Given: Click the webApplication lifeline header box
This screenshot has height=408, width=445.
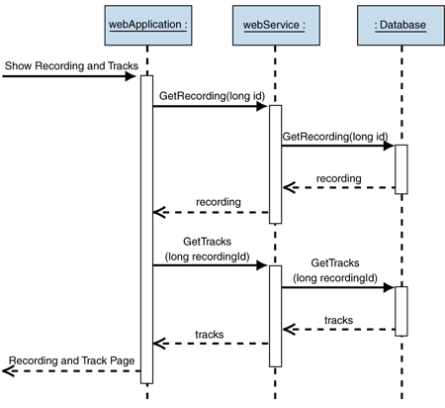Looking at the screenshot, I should pos(146,23).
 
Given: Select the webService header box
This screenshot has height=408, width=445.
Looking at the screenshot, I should pos(275,23).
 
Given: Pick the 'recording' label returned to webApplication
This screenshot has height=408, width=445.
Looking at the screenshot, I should pos(219,202).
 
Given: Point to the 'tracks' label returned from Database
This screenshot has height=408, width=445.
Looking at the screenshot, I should pos(339,320).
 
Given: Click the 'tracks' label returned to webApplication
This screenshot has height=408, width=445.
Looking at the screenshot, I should pos(209,335).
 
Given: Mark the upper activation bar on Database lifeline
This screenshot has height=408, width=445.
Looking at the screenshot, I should pos(401,168).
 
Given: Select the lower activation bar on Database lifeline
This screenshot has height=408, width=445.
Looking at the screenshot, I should pos(401,310).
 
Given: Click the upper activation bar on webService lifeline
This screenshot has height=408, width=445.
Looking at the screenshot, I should pos(275,163).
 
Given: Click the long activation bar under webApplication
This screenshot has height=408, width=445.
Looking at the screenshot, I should pos(146,228).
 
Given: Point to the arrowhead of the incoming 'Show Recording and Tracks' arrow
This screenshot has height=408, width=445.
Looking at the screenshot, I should pos(133,75).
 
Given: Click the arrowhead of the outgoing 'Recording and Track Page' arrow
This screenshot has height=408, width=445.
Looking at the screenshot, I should pos(8,370).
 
